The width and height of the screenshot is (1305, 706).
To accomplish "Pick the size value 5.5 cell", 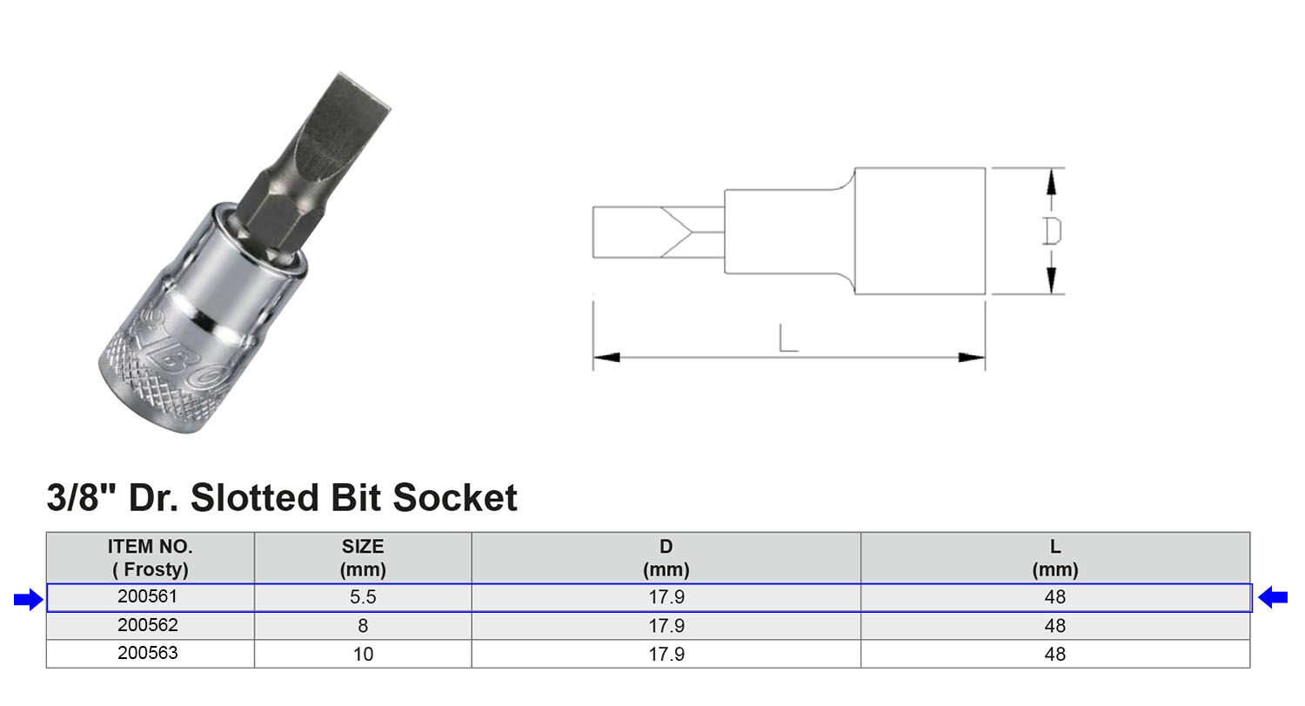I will pos(363,597).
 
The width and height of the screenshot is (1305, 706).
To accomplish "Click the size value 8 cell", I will pos(363,625).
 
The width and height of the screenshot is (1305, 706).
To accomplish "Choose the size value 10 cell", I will pos(363,653).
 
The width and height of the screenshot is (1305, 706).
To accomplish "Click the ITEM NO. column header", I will pos(151,558).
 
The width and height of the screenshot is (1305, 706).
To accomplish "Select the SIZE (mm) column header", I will pos(363,558).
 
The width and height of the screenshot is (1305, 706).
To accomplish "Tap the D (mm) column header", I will pos(666,558).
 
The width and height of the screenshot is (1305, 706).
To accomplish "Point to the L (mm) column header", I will pos(1054,558).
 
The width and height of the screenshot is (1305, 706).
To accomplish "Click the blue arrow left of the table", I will pos(28,599).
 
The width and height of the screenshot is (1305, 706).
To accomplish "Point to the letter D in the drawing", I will pos(1052,231).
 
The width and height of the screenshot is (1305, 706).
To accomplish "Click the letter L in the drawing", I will pos(787,338).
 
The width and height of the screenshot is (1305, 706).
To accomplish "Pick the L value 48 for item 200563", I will pos(1054,653).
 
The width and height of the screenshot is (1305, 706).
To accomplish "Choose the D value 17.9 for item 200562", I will pos(666,625).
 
